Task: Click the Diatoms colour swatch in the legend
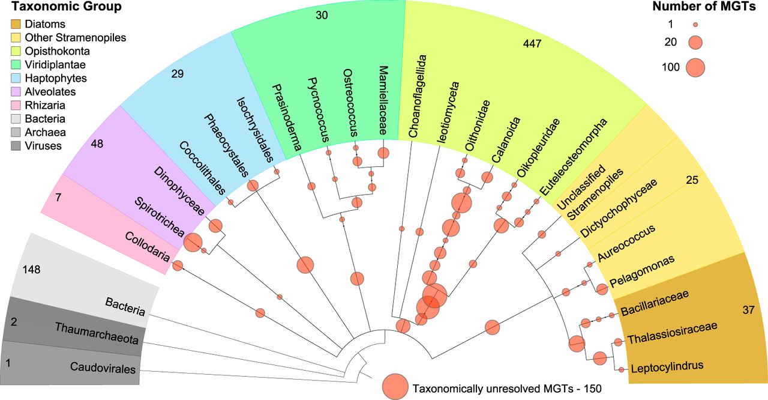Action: [x=16, y=25]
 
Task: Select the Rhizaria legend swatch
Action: [x=16, y=105]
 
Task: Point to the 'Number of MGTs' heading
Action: [x=707, y=7]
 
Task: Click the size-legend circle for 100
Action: [x=695, y=67]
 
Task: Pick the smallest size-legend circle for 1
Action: [x=695, y=25]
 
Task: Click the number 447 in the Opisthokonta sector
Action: [x=532, y=44]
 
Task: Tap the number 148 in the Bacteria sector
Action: [x=31, y=270]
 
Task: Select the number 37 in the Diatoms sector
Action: [x=748, y=310]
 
